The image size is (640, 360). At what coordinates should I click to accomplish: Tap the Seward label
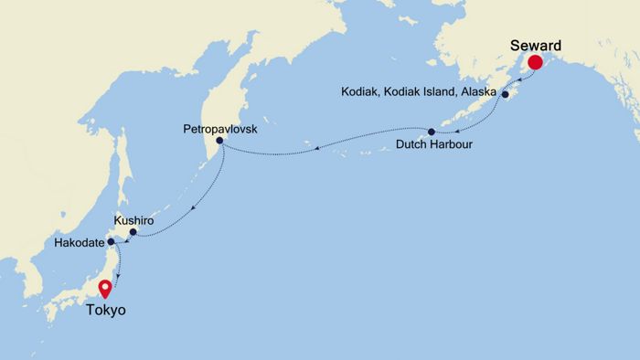point(536,43)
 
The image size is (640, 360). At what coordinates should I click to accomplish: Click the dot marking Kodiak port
point(505,93)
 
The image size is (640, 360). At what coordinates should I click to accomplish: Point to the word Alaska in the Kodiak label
point(475,92)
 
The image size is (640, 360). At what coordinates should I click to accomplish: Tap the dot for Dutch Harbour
point(432,132)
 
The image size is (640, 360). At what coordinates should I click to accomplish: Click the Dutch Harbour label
point(434,145)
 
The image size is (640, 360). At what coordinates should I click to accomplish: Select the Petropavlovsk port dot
point(219,141)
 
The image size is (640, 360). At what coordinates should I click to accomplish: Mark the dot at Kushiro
point(133,232)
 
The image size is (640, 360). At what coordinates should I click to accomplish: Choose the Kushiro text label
point(133,221)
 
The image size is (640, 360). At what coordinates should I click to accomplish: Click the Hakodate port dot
point(111,242)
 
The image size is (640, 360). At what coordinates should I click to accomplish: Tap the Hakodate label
point(80,242)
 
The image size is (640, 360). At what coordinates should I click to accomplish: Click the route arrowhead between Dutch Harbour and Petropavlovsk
point(313,144)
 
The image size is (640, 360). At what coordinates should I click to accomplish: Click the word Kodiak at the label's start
point(359,92)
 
